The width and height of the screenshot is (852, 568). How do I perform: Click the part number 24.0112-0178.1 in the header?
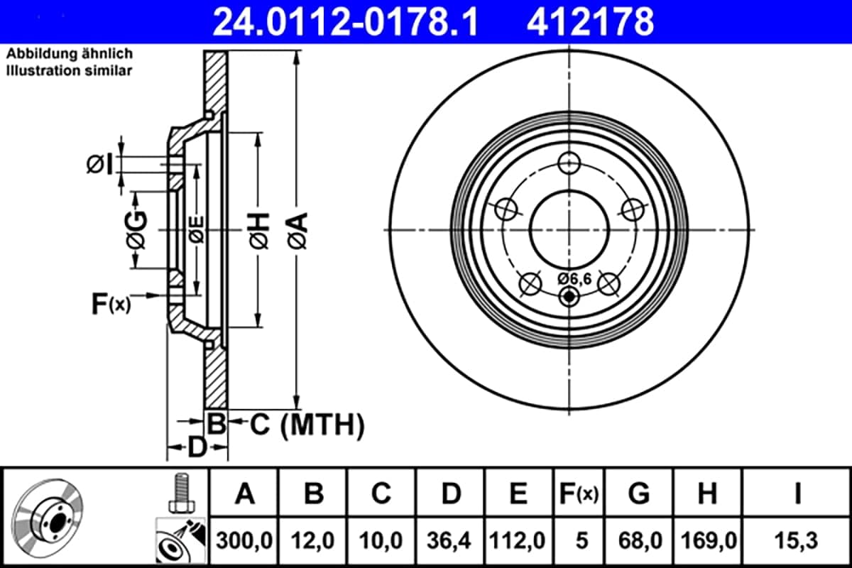345,22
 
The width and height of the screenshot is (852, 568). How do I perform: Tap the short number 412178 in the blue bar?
590,22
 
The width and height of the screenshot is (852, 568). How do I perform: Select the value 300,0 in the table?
244,540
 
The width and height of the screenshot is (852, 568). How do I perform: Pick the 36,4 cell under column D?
449,540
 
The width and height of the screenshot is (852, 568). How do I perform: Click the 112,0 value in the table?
518,540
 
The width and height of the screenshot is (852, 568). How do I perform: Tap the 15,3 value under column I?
797,540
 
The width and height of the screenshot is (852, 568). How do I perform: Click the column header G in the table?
639,493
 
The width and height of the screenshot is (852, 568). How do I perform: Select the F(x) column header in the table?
579,494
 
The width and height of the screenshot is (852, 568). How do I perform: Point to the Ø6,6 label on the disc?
574,279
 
